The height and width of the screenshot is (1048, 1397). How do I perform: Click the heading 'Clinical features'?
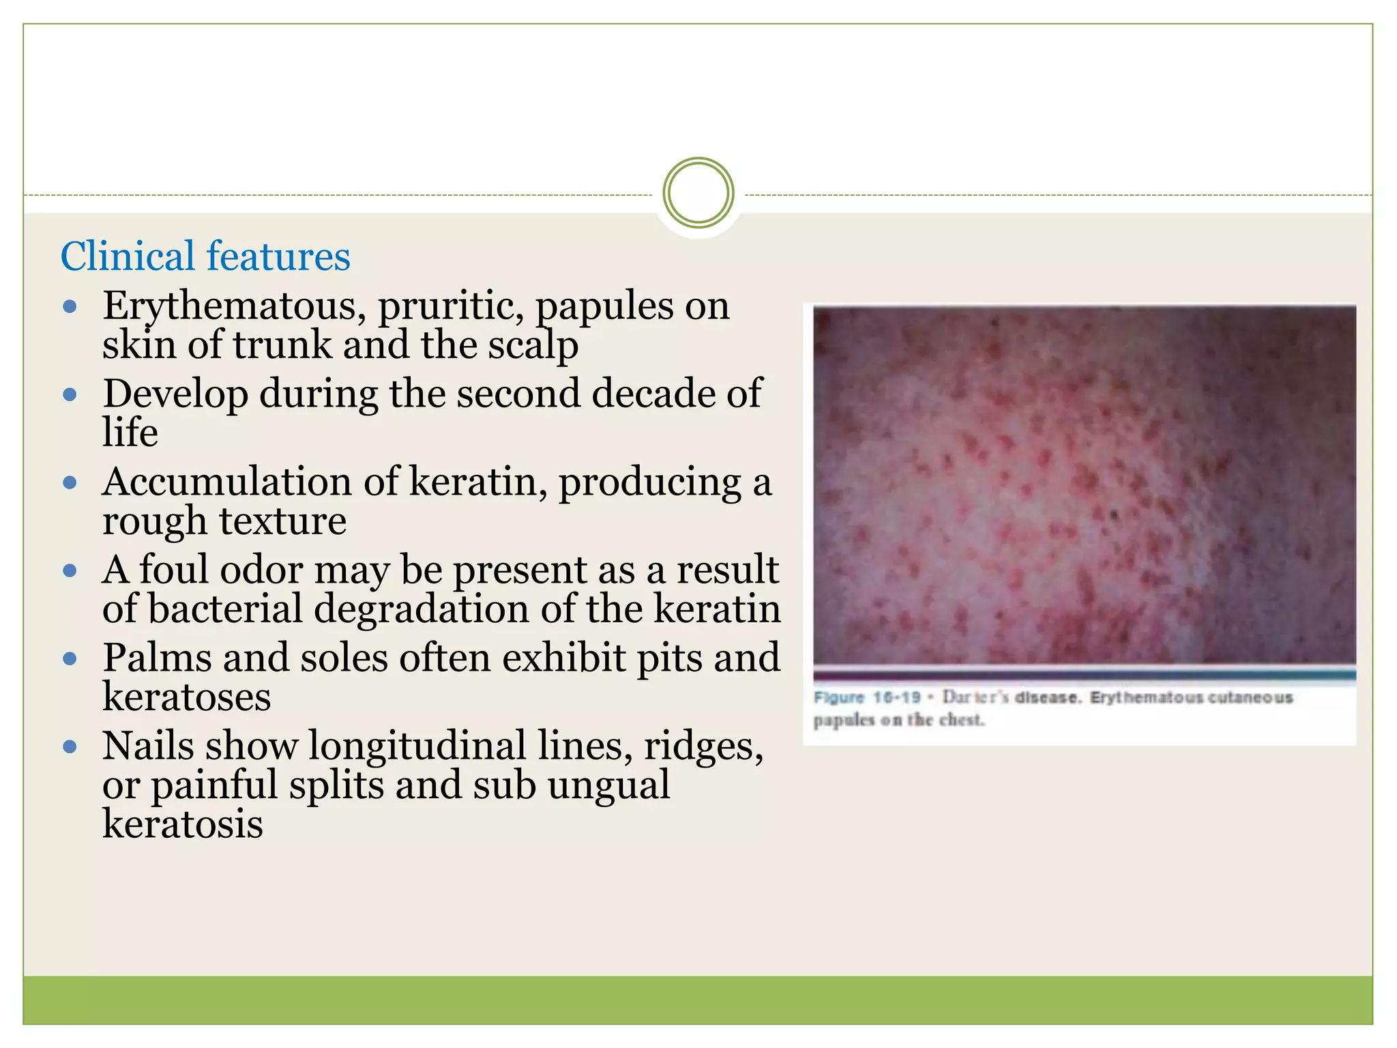coord(205,257)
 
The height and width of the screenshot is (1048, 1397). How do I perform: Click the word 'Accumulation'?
coord(226,482)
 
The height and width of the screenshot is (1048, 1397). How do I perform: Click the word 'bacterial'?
coord(225,609)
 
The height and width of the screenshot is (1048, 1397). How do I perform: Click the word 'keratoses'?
coord(186,697)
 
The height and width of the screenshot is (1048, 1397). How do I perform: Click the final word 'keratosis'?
coord(182,824)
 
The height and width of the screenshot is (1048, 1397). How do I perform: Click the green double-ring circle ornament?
coord(698,193)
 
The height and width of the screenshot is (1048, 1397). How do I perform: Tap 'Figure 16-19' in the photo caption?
coord(866,698)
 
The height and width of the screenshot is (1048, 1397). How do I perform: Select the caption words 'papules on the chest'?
coord(898,720)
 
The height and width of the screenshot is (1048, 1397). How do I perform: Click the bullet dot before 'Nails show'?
coord(70,747)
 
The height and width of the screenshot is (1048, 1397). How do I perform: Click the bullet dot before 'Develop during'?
coord(70,395)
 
